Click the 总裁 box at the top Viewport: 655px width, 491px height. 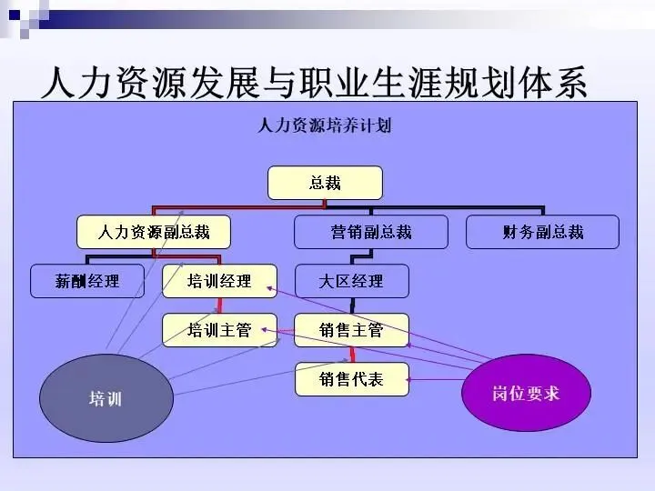tap(325, 183)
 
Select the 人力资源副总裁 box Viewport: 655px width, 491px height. tap(153, 232)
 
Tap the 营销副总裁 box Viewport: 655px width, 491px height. tap(370, 232)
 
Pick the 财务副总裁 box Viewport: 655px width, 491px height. tap(542, 232)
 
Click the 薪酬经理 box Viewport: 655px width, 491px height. tap(87, 281)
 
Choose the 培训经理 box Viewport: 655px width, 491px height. tap(219, 281)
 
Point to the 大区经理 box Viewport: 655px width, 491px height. tap(351, 281)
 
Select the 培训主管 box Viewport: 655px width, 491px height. tap(219, 330)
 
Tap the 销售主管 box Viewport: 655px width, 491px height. tap(351, 330)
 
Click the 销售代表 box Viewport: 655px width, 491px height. tap(351, 378)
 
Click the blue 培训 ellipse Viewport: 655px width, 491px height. tap(106, 399)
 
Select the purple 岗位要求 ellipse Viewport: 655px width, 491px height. tap(526, 393)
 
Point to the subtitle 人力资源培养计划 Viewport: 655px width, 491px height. tap(325, 125)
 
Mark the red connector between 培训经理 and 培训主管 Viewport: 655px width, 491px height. tap(219, 306)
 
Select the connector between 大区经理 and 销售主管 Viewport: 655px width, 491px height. tap(352, 306)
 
